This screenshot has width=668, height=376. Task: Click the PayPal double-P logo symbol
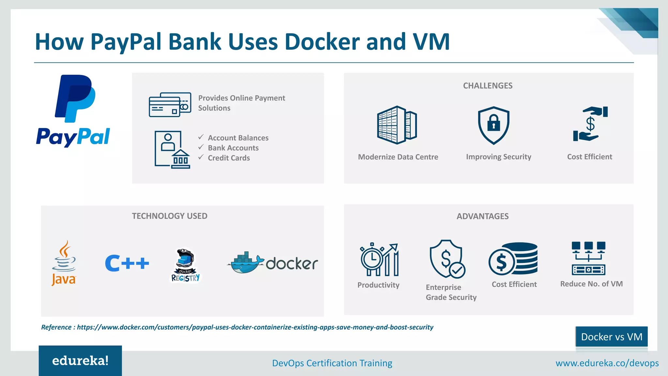(x=75, y=98)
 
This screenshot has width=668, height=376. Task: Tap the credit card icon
(x=170, y=105)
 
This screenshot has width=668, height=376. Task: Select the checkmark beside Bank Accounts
(x=201, y=148)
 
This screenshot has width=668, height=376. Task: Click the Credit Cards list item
(x=229, y=158)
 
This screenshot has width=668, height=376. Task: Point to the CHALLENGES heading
(x=488, y=86)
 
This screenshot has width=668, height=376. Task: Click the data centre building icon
(x=397, y=125)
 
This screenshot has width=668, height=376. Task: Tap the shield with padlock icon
(x=493, y=125)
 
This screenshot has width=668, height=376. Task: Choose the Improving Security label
(x=498, y=157)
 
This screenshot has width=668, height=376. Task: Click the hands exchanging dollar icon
(x=590, y=124)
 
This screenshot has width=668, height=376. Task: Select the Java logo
(x=64, y=263)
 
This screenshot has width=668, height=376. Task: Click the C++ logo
(x=127, y=263)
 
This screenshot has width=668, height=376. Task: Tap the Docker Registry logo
(x=185, y=265)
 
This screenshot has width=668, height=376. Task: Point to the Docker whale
(x=245, y=263)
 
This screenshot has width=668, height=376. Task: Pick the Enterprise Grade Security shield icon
(x=447, y=259)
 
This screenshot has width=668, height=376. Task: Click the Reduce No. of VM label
(x=591, y=284)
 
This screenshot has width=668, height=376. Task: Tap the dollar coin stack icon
(x=513, y=259)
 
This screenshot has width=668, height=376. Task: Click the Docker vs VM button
(x=612, y=337)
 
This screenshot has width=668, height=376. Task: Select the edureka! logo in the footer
(x=80, y=361)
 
